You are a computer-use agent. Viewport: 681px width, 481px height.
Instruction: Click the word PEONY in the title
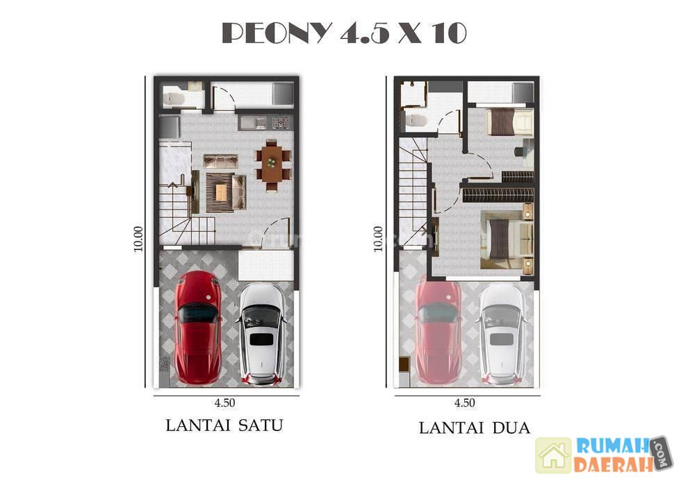click(x=277, y=33)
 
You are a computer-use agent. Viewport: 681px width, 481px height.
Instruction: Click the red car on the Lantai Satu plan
click(x=198, y=328)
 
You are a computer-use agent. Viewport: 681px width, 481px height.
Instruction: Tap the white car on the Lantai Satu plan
click(x=261, y=334)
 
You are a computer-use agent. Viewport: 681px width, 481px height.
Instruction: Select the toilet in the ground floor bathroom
click(x=174, y=99)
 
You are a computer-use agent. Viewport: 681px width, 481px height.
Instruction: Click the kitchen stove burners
click(x=281, y=123)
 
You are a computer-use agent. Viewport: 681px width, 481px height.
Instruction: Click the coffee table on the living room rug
click(x=221, y=192)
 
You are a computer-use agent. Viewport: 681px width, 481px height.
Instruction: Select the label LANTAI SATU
click(x=224, y=425)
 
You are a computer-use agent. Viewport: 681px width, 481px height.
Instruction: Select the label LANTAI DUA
click(x=474, y=428)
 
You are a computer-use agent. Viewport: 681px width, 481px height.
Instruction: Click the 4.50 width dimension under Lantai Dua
click(x=465, y=403)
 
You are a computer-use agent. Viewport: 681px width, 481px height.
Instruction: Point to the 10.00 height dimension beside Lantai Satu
click(x=138, y=239)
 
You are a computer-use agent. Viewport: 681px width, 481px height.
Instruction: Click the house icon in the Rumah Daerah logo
click(x=553, y=455)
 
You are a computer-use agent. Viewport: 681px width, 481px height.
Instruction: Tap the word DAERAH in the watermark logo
click(x=613, y=464)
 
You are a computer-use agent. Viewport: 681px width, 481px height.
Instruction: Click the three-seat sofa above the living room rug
click(x=221, y=160)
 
